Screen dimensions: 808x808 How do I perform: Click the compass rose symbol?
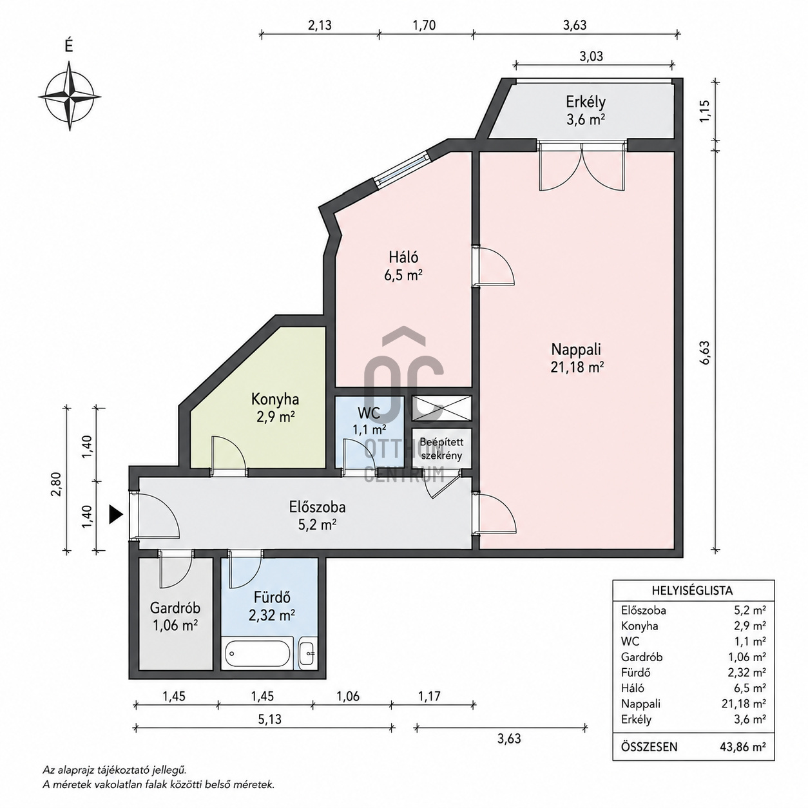pyautogui.click(x=70, y=95)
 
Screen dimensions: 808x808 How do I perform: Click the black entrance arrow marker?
pyautogui.click(x=115, y=514)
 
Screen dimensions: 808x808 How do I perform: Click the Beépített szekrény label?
pyautogui.click(x=441, y=448)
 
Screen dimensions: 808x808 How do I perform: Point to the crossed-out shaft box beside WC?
pyautogui.click(x=441, y=408)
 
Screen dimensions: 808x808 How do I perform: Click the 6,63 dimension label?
pyautogui.click(x=706, y=352)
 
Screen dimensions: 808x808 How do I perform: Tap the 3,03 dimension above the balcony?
pyautogui.click(x=591, y=56)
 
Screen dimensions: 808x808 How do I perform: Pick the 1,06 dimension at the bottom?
pyautogui.click(x=348, y=696)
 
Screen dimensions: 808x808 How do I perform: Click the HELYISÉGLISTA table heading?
pyautogui.click(x=692, y=591)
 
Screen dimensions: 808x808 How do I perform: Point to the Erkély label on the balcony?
pyautogui.click(x=585, y=102)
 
